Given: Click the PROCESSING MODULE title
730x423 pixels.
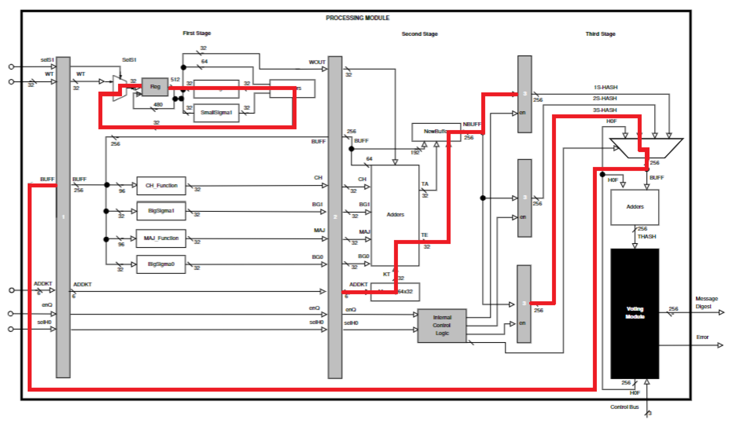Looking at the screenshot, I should (x=358, y=18).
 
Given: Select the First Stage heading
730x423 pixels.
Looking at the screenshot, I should (x=197, y=33).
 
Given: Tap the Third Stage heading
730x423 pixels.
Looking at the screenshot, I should (x=600, y=34).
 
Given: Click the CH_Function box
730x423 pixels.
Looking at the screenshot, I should (x=161, y=186).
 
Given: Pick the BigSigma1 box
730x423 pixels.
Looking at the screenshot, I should (x=161, y=211).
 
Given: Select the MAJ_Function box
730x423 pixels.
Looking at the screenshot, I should (x=161, y=238).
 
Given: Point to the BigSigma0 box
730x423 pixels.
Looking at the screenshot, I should (x=161, y=264).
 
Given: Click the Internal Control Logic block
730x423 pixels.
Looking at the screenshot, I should (x=442, y=325).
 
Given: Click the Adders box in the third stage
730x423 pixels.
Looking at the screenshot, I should (x=635, y=207).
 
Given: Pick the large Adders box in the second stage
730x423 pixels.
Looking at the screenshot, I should (x=395, y=215).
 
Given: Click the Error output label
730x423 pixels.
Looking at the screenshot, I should (x=702, y=337).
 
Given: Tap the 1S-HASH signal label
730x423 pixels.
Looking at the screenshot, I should (x=606, y=87).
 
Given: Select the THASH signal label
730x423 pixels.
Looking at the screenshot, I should (x=647, y=237).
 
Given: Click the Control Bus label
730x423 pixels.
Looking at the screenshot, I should (x=624, y=407).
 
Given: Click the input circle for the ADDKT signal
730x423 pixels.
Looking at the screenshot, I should (x=12, y=290).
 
